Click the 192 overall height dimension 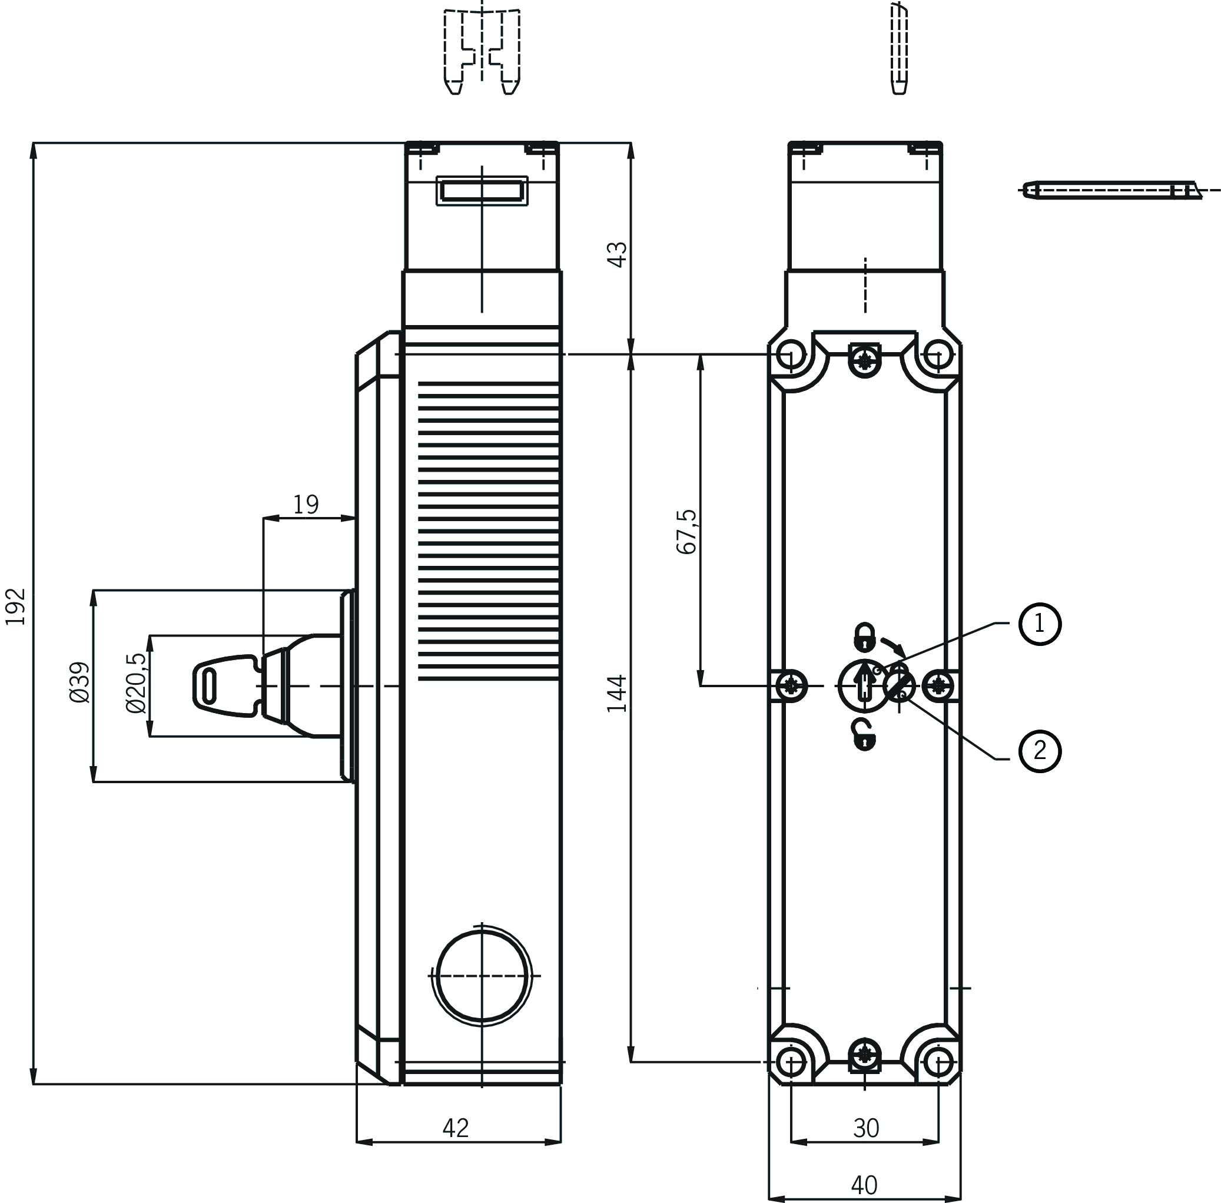pyautogui.click(x=16, y=607)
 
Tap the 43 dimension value pyautogui.click(x=616, y=254)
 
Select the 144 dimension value pyautogui.click(x=616, y=694)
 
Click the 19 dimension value pyautogui.click(x=306, y=504)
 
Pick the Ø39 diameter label pyautogui.click(x=80, y=682)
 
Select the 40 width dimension pyautogui.click(x=864, y=1185)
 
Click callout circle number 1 pyautogui.click(x=1040, y=624)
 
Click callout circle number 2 pyautogui.click(x=1040, y=751)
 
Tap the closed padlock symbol pyautogui.click(x=864, y=637)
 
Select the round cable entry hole pyautogui.click(x=482, y=976)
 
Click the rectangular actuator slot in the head pyautogui.click(x=482, y=191)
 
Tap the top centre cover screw pyautogui.click(x=865, y=362)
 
